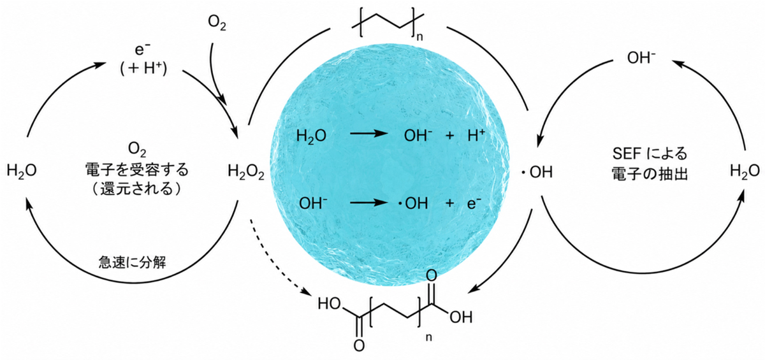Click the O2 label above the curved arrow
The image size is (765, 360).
[x=217, y=24]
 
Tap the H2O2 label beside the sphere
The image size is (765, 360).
[x=246, y=171]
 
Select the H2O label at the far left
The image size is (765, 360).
[x=22, y=171]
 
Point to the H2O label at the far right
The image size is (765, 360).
[x=745, y=171]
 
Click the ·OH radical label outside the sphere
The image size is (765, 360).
[x=537, y=172]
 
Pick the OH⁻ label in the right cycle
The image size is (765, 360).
[x=641, y=58]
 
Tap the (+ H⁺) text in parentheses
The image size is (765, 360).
[x=143, y=69]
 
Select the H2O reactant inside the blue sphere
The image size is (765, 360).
[x=312, y=136]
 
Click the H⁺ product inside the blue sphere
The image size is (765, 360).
[x=476, y=136]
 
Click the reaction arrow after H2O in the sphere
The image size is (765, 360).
[x=369, y=133]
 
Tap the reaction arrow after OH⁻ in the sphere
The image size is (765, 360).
[x=369, y=203]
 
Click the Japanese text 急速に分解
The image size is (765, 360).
[x=133, y=263]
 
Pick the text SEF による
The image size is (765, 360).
[x=650, y=154]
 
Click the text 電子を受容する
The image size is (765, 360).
[x=136, y=169]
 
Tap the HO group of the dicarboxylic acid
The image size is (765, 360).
[x=329, y=304]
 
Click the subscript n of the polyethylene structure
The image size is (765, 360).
[x=419, y=36]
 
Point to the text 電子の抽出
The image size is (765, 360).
[x=650, y=174]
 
